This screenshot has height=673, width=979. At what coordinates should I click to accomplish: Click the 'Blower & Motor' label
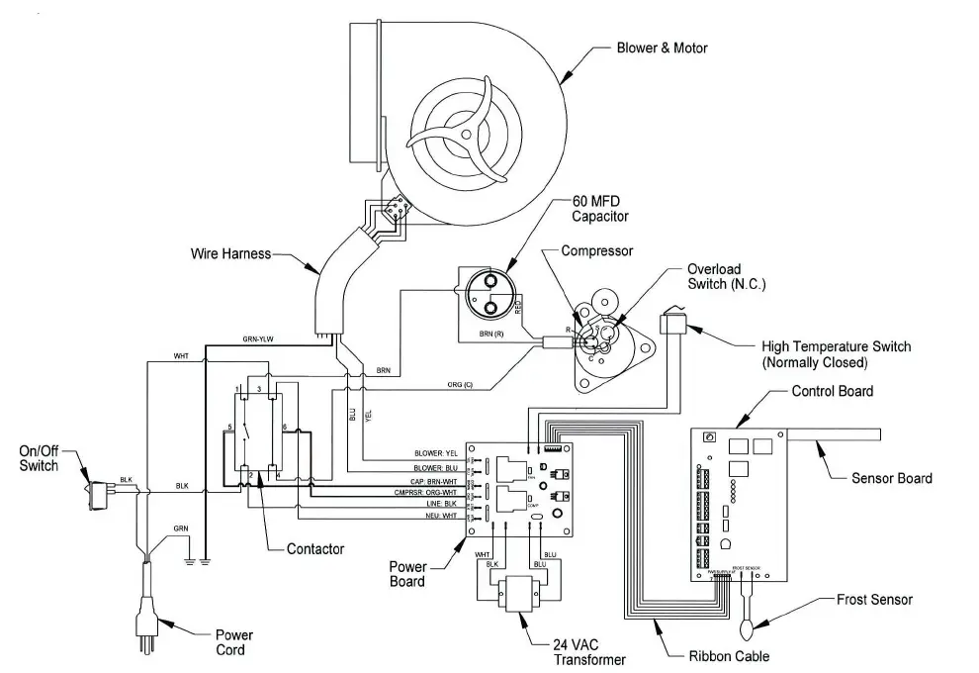click(662, 48)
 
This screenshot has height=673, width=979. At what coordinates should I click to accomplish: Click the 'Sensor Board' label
click(891, 478)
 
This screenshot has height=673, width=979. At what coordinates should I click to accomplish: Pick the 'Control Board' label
click(832, 391)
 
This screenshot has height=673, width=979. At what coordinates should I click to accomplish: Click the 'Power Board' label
click(406, 575)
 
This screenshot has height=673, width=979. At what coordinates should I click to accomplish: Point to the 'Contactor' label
click(315, 548)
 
